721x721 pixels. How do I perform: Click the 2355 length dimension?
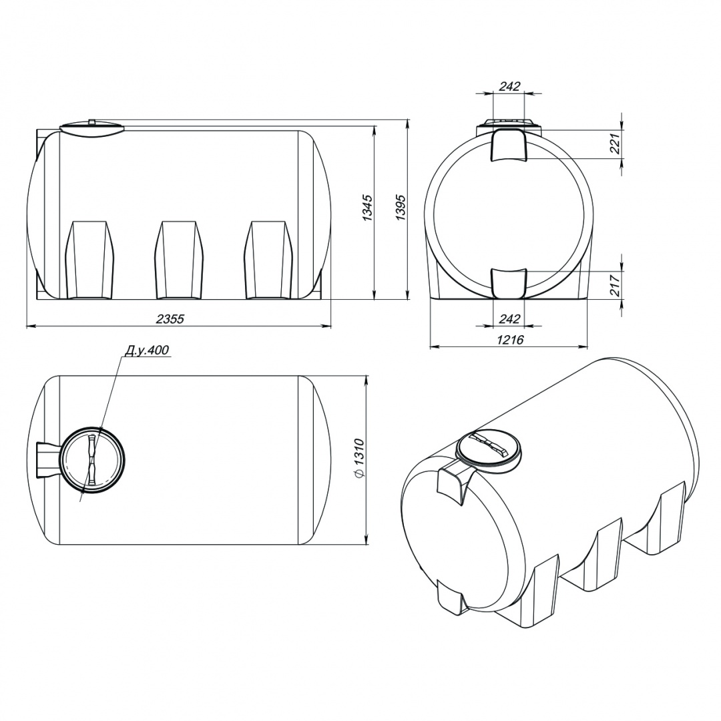point(170,318)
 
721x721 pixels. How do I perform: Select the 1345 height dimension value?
point(368,208)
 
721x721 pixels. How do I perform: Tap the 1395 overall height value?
point(401,208)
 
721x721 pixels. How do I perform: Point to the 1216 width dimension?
point(510,340)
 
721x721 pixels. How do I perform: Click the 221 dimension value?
point(616,143)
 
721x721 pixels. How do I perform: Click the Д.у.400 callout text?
point(147,350)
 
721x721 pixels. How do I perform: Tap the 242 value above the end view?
point(509,86)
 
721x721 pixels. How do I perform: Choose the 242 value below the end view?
point(509,318)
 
